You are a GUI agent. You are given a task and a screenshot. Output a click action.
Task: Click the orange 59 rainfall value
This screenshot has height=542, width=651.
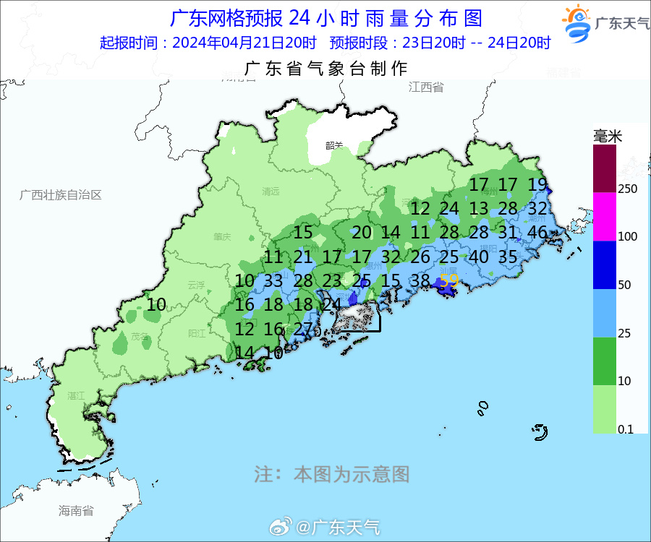(x=449, y=280)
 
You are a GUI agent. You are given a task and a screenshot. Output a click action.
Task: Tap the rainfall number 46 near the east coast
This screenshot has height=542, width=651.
(x=537, y=233)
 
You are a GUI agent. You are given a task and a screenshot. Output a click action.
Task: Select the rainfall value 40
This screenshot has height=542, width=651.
(x=478, y=257)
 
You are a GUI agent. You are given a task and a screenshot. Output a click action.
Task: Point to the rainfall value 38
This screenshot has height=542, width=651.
(x=420, y=281)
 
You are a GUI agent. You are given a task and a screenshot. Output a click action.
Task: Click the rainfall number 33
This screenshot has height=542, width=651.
(x=273, y=281)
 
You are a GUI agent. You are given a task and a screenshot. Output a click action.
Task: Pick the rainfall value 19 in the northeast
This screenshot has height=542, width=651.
(x=537, y=184)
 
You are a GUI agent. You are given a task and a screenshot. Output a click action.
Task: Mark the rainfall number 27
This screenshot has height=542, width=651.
(x=303, y=329)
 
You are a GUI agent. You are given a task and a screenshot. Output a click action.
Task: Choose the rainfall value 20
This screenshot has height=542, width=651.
(x=362, y=233)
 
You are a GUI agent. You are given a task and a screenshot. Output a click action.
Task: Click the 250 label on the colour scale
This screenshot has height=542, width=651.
(x=627, y=189)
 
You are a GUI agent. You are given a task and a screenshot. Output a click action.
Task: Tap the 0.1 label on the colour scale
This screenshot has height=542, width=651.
(x=626, y=429)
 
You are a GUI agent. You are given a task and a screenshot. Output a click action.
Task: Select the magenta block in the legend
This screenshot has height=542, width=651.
(x=605, y=217)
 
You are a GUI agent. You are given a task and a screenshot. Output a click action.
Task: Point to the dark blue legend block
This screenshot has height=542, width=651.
(x=605, y=265)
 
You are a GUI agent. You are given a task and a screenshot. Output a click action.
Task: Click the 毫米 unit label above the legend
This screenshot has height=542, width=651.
(x=608, y=136)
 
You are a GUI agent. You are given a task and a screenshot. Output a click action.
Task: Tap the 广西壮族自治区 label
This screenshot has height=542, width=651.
(x=61, y=195)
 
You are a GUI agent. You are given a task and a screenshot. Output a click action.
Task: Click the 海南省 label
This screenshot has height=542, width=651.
(x=76, y=511)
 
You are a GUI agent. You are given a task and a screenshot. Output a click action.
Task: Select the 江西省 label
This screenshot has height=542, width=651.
(x=425, y=87)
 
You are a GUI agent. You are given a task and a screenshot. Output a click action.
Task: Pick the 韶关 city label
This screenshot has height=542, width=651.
(x=333, y=145)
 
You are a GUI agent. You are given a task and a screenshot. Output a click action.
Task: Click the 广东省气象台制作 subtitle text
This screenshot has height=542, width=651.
(x=326, y=69)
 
